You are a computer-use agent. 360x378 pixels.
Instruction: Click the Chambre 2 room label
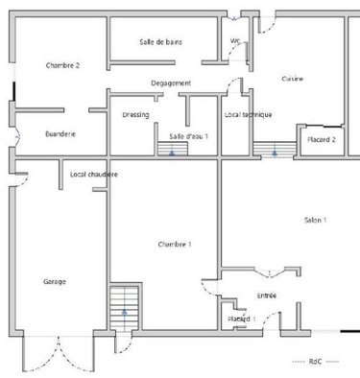[x=62, y=65]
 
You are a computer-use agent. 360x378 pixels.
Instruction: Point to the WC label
[x=235, y=40]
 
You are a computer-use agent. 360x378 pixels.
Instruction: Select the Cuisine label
[x=293, y=79]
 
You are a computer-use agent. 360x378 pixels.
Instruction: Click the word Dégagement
[x=171, y=83]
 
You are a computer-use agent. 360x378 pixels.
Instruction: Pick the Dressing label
[x=135, y=115]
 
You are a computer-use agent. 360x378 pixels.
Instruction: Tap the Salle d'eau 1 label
[x=189, y=137]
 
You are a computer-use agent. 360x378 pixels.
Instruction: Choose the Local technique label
[x=248, y=115]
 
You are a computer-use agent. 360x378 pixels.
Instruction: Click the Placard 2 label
[x=321, y=140]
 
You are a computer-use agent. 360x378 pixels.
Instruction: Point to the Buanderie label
[x=60, y=134]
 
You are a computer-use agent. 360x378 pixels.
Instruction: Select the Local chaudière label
[x=94, y=175]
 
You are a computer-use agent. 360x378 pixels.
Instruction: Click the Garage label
[x=55, y=281]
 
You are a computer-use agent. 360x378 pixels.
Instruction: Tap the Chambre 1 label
[x=175, y=245]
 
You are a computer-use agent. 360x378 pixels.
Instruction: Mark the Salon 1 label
[x=316, y=221]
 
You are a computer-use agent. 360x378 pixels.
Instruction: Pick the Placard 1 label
[x=240, y=318]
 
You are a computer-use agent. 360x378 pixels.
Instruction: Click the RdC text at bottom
[x=315, y=362]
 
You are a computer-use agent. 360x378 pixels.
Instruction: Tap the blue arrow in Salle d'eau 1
[x=173, y=151]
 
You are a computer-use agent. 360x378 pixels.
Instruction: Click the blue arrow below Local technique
[x=275, y=151]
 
